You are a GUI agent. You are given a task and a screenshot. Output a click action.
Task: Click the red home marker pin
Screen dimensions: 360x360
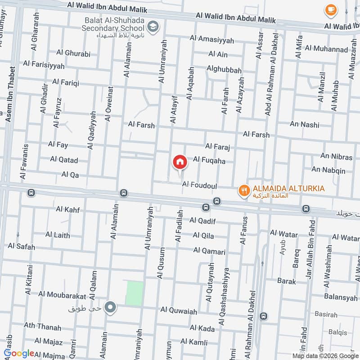(180, 162)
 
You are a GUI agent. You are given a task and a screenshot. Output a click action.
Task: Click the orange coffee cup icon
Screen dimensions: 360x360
(331, 9)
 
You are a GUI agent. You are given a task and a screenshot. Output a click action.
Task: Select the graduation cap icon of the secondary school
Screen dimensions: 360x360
(154, 27)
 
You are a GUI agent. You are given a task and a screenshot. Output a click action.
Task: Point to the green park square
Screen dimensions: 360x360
(135, 293)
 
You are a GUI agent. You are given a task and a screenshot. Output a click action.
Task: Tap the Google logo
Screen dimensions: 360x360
(18, 354)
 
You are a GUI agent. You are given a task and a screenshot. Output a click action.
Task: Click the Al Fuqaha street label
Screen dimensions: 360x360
(209, 160)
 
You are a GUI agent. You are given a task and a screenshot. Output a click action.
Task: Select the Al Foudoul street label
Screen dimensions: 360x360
(200, 184)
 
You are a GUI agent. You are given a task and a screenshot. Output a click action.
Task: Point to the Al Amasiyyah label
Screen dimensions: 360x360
(211, 40)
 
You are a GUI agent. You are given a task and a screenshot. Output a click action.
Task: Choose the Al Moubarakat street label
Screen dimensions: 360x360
(62, 295)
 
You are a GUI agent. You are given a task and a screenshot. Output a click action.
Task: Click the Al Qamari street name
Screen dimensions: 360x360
(209, 251)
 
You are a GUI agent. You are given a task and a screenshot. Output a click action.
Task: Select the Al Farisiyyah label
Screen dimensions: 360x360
(44, 65)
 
